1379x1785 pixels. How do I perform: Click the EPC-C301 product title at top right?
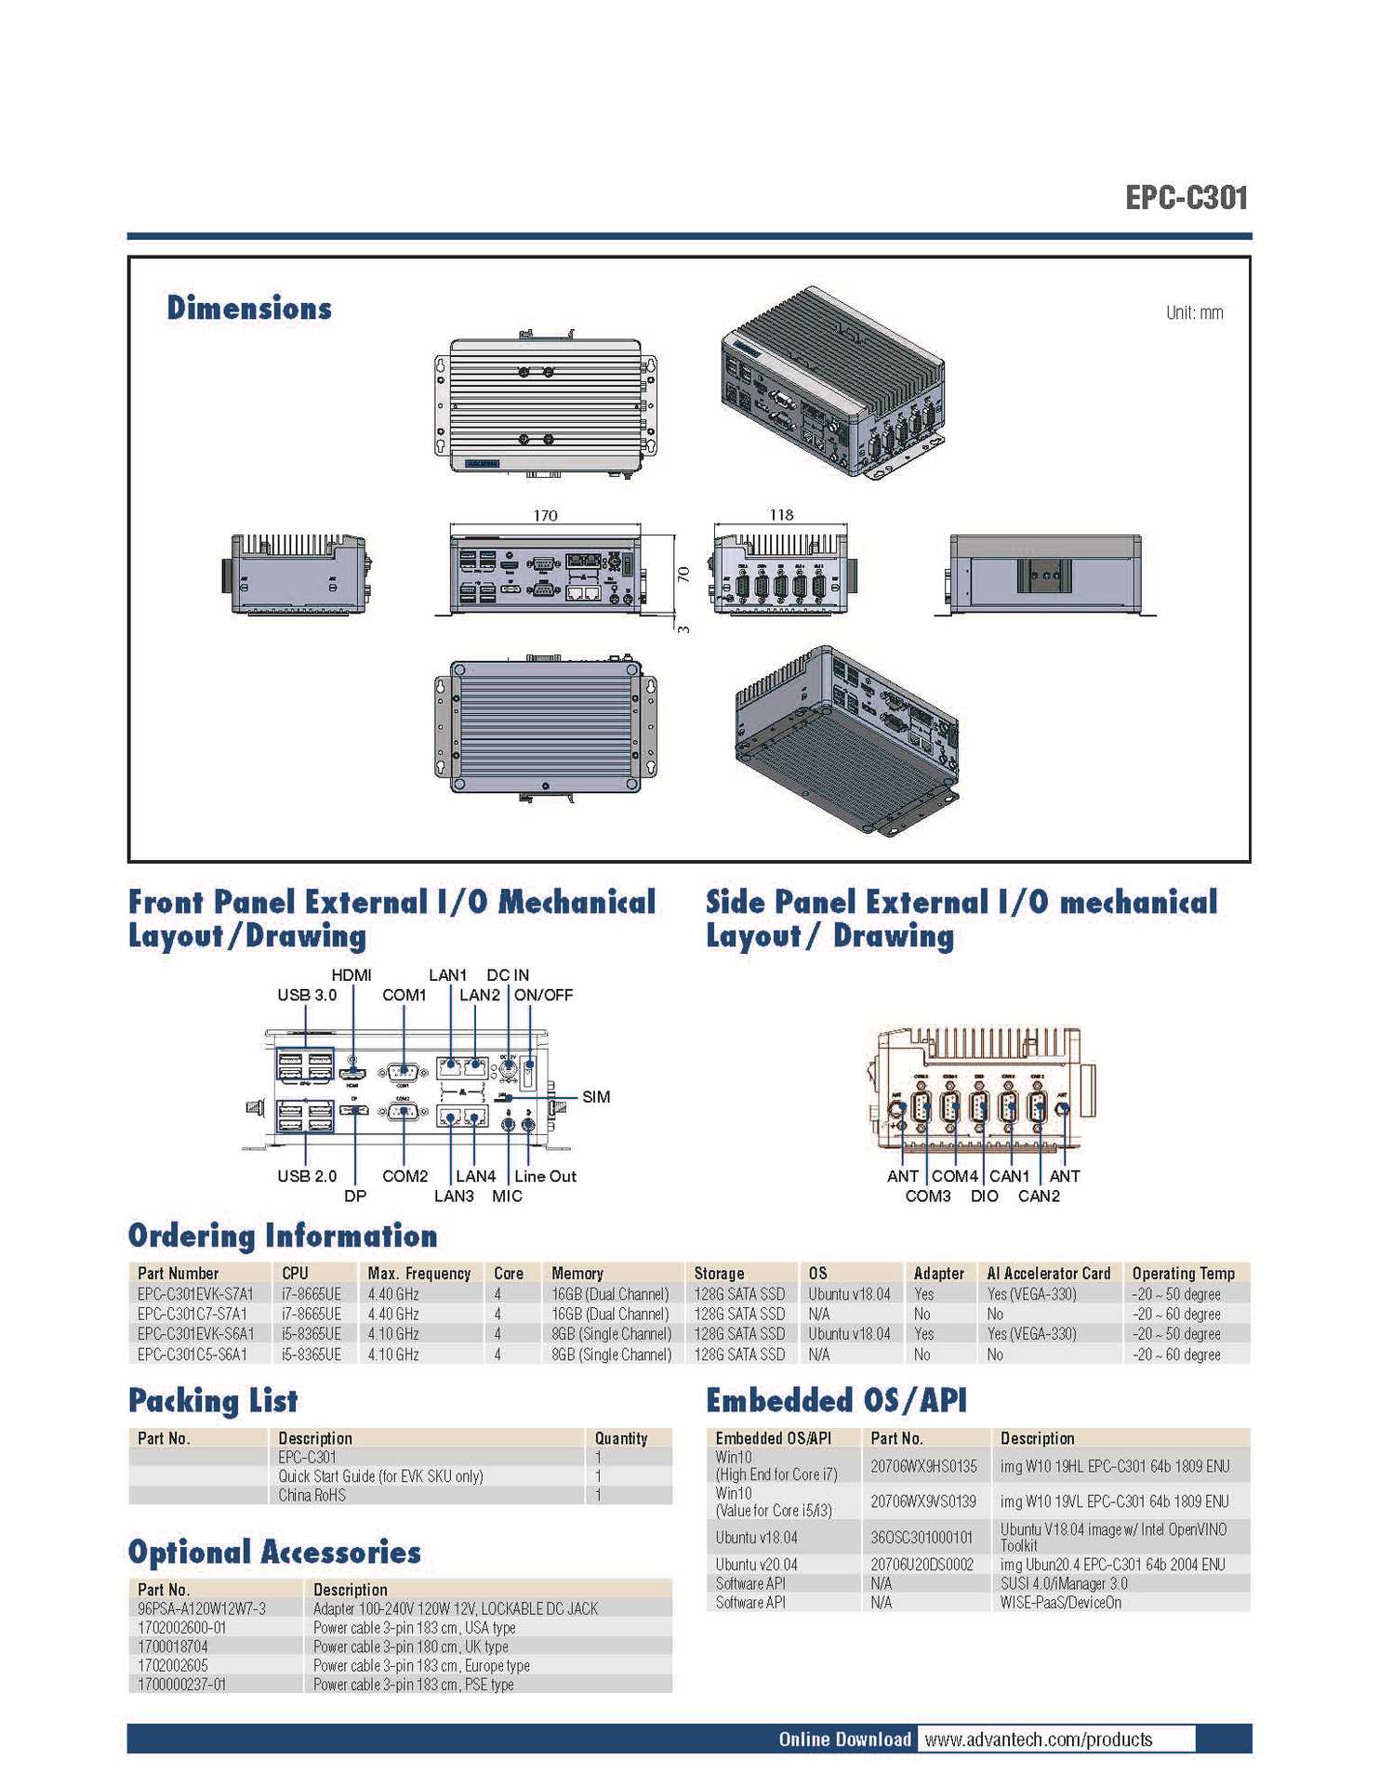[1186, 198]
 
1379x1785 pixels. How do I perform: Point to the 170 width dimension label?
[545, 515]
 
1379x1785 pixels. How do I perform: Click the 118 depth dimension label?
[781, 514]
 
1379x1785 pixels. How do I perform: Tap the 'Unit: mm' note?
[1194, 312]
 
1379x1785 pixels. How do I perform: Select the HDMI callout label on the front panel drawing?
[351, 974]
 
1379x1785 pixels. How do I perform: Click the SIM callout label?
[596, 1097]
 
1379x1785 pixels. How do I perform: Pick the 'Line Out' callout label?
[545, 1176]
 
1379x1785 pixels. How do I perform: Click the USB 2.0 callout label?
[307, 1176]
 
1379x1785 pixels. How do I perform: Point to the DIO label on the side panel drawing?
[984, 1196]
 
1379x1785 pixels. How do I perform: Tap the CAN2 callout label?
[1039, 1196]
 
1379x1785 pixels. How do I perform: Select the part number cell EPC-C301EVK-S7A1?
[195, 1294]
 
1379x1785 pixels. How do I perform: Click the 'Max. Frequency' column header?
[418, 1274]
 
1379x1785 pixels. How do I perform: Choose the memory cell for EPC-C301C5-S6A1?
[611, 1355]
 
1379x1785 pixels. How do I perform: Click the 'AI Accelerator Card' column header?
[1048, 1274]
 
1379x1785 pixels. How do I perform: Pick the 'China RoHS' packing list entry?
[312, 1495]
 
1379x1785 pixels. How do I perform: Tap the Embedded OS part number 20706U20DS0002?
[922, 1565]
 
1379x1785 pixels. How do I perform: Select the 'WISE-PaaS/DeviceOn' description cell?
[1060, 1603]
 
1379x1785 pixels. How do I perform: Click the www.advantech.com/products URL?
[1038, 1739]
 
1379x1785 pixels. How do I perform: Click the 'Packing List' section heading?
[213, 1400]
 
